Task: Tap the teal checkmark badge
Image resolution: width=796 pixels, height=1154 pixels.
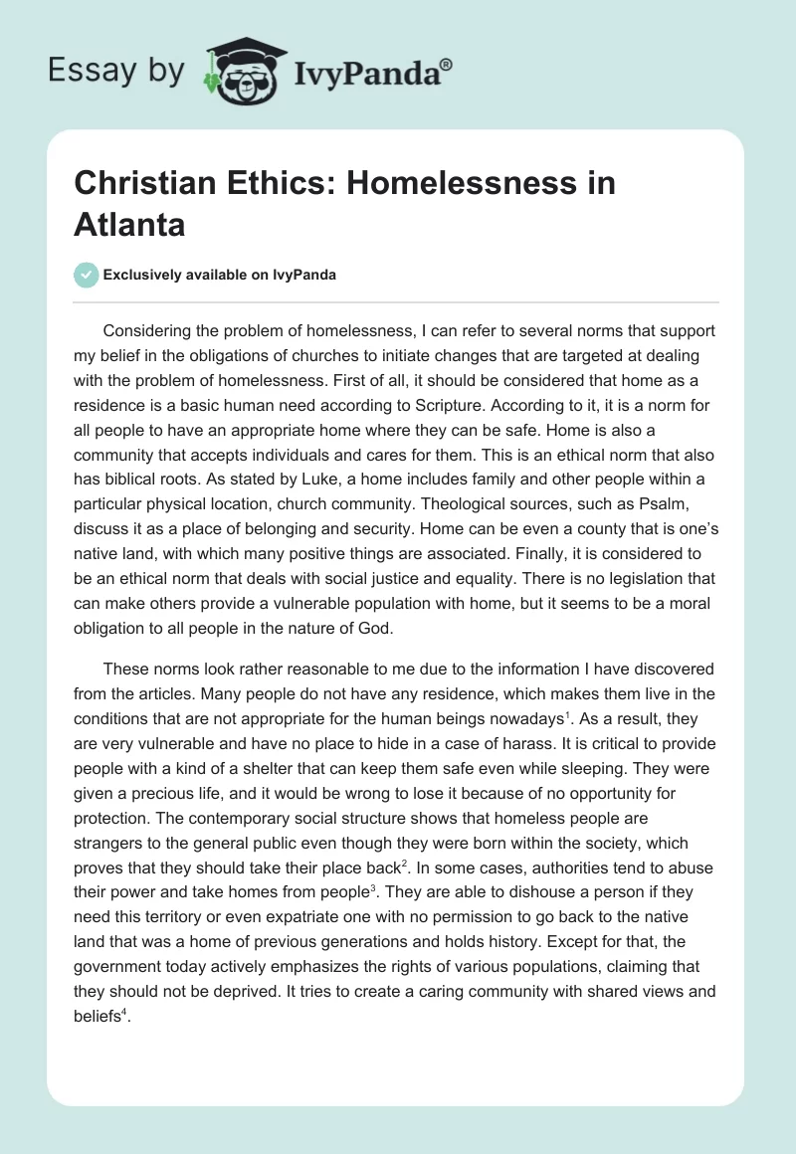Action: [x=87, y=275]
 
